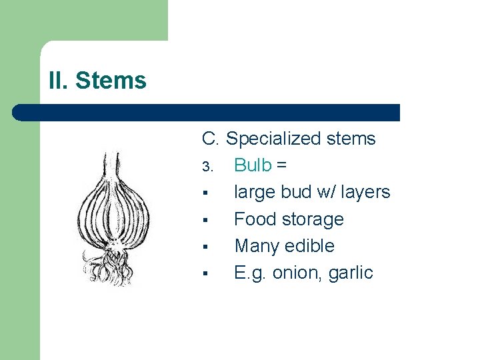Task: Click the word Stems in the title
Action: (x=111, y=81)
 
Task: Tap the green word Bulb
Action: (x=253, y=165)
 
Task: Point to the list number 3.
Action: (x=207, y=166)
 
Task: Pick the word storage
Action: (x=313, y=220)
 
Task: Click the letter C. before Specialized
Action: (x=211, y=139)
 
